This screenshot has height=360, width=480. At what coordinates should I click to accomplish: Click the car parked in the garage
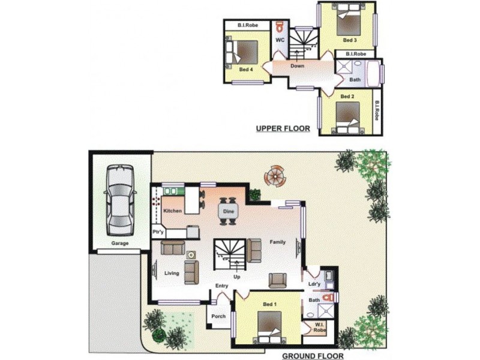(x=120, y=200)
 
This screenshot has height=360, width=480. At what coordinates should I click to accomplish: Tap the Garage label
(x=120, y=244)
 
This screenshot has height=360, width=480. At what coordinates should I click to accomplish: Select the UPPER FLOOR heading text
(x=283, y=128)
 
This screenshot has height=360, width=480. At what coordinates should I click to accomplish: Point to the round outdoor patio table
(x=275, y=176)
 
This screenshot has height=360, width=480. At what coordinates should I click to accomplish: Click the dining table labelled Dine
(x=228, y=211)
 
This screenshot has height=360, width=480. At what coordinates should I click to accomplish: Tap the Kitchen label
(x=172, y=211)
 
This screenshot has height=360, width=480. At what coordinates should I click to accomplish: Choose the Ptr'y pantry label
(x=158, y=232)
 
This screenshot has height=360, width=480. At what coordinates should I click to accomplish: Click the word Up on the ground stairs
(x=237, y=277)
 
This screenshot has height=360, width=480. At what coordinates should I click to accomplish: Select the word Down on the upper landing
(x=298, y=66)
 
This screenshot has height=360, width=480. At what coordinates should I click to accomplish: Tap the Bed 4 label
(x=245, y=70)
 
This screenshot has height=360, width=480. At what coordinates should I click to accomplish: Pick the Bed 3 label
(x=350, y=40)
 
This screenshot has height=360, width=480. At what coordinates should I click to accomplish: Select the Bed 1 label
(x=269, y=304)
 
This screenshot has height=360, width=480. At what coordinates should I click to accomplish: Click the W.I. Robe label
(x=319, y=328)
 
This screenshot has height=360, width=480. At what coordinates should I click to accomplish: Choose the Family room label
(x=277, y=242)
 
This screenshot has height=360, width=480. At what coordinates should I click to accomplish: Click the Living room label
(x=172, y=274)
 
